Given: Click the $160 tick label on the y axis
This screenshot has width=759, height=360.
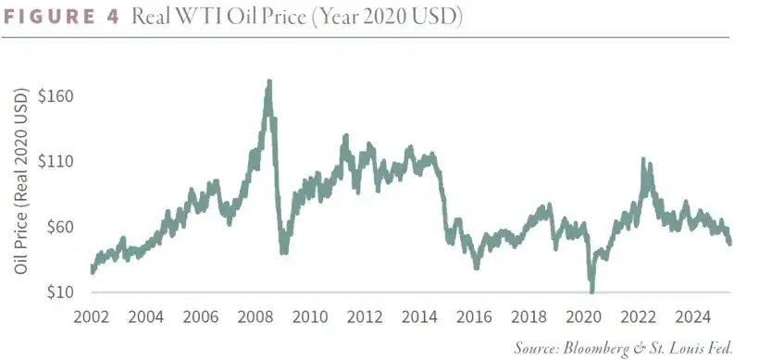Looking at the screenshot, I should [57, 96].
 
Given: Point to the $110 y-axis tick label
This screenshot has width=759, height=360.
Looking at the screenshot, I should [57, 161].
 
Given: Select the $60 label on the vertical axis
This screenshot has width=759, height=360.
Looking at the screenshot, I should [61, 227].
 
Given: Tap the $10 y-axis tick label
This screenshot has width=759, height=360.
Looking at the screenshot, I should [61, 292].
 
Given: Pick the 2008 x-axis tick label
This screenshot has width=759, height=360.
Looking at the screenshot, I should [255, 317].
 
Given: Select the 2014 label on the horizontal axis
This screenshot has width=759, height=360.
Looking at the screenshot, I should [420, 317].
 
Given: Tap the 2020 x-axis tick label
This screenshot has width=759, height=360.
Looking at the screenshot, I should [584, 317].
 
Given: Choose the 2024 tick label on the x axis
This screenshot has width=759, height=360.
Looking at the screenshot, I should [693, 317].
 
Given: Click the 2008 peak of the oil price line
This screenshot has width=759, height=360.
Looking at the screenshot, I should [268, 82].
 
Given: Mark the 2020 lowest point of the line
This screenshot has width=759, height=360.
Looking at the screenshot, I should [592, 291].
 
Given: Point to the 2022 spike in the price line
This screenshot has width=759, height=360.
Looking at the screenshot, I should [642, 161].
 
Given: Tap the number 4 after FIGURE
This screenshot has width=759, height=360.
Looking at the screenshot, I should [114, 18].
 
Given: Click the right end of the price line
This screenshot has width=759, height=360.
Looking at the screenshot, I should [730, 243].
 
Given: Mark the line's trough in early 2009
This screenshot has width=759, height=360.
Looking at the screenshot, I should [283, 252].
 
